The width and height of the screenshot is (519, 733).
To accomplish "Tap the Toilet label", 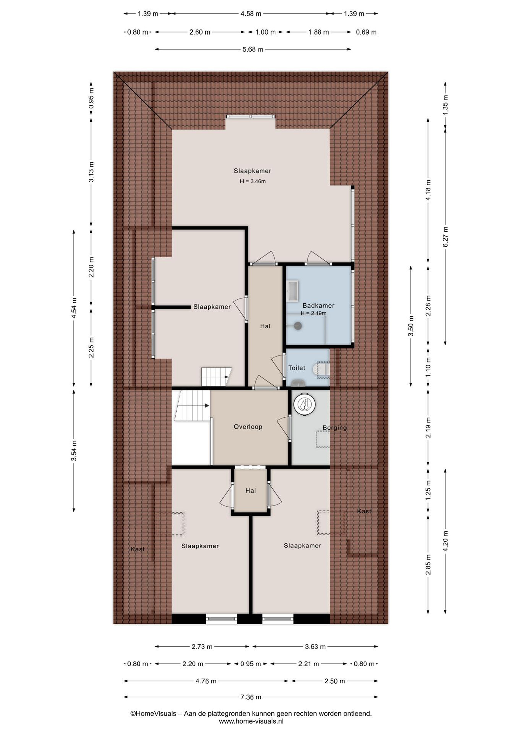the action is click(297, 368).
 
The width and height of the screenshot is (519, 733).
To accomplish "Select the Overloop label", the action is click(248, 427).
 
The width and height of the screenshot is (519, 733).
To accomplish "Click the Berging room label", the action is click(335, 428).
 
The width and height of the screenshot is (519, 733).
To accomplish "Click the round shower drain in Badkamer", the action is click(298, 326).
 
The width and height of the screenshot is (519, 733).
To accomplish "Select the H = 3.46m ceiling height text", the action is click(252, 181).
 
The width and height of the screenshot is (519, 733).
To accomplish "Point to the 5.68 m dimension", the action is click(253, 49).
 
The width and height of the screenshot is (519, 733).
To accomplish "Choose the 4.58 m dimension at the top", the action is click(251, 14).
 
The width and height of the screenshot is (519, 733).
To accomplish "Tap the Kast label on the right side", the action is click(364, 511).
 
